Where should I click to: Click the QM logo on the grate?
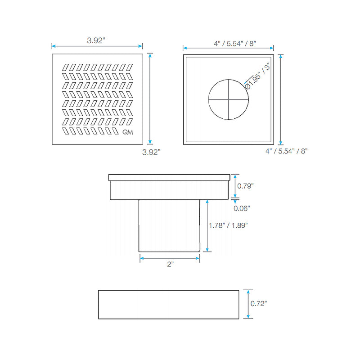tap(128, 132)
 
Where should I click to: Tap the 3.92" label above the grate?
tap(96, 40)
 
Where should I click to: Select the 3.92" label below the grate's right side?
tap(151, 152)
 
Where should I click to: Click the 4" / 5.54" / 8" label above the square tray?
tap(235, 43)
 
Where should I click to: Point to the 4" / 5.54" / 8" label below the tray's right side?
tap(287, 151)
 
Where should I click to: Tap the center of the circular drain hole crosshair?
tap(229, 99)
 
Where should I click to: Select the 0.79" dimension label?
tap(245, 186)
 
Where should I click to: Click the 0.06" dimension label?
tap(242, 208)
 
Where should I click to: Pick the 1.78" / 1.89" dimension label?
tap(228, 225)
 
